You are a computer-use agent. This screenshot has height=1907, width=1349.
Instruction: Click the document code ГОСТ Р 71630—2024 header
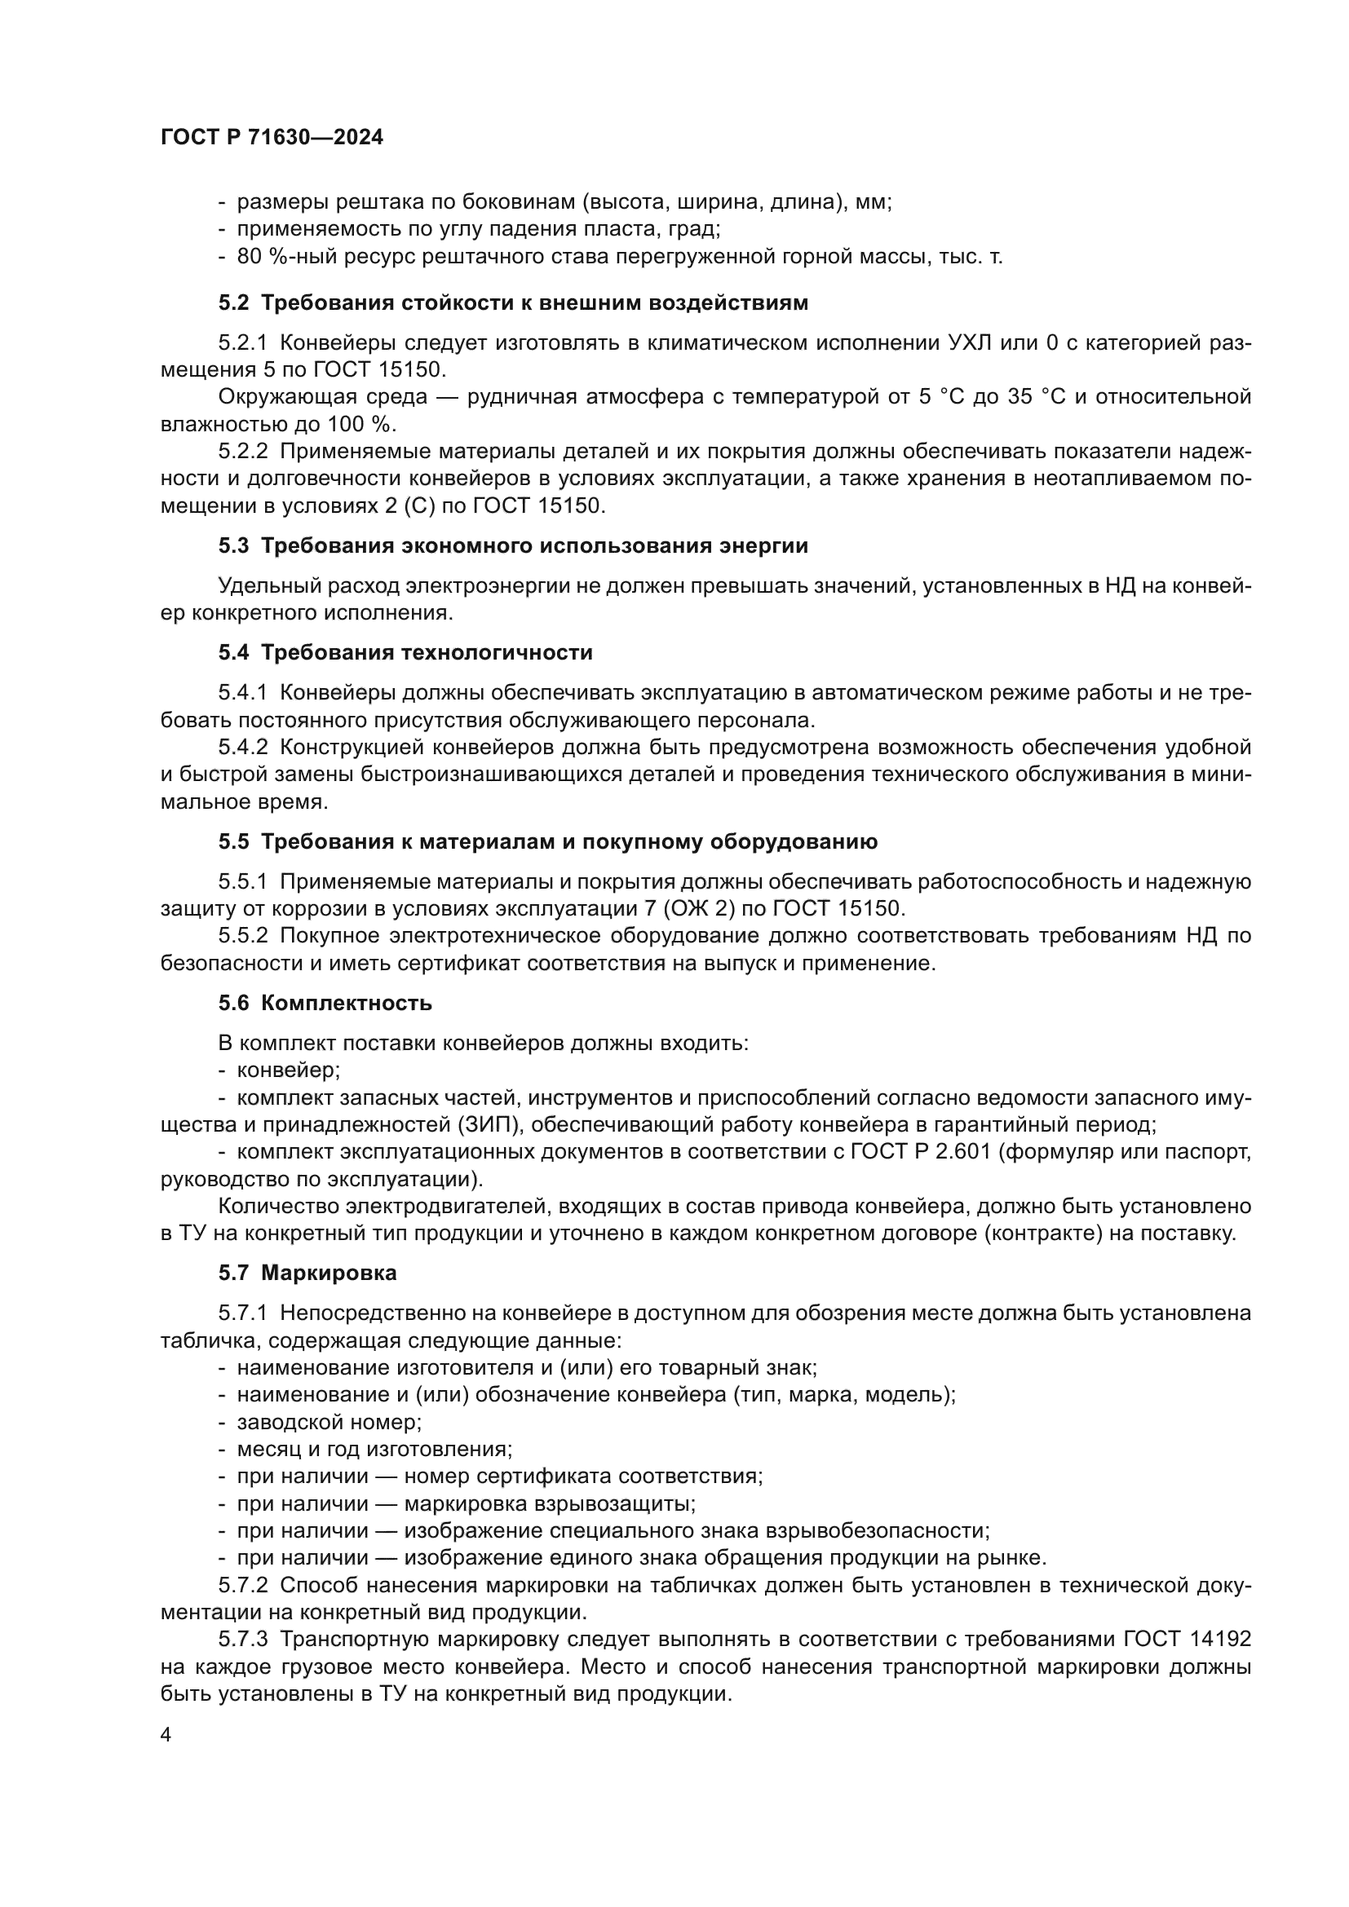272,138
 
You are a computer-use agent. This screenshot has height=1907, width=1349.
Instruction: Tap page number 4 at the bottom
166,1735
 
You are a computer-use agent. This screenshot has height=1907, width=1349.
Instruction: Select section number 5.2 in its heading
233,303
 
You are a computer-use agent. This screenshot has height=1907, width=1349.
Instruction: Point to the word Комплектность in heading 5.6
347,1004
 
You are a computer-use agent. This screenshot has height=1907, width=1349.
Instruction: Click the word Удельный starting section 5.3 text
267,586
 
